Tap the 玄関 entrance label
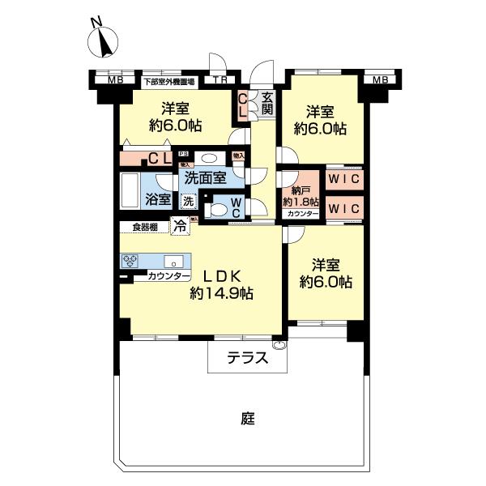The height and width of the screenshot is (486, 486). pos(266,104)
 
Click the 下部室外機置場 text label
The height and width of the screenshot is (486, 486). pos(169,81)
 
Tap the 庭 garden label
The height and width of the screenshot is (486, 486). pos(247,419)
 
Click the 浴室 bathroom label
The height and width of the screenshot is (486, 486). pos(158,198)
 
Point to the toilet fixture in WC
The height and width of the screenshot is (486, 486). pos(216,208)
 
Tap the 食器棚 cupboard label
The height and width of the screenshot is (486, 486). pos(145,227)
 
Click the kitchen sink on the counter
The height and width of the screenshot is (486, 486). pos(172,262)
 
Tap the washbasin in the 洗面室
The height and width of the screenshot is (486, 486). pos(209,159)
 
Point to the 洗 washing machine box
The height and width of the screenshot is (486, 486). pos(187,200)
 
